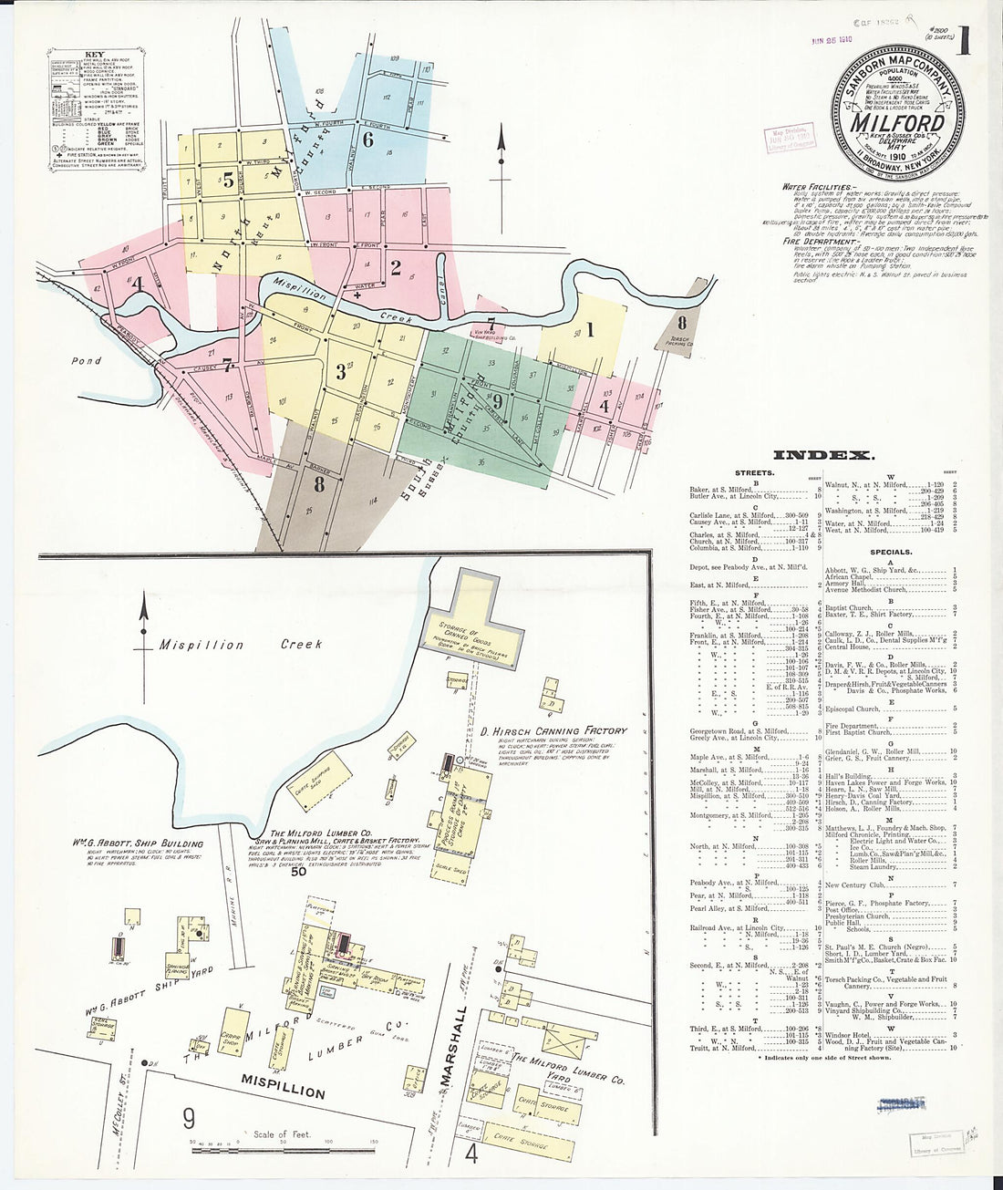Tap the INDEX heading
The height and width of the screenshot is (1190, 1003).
823,455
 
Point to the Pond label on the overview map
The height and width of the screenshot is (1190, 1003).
88,361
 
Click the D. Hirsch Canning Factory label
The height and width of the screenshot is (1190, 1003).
554,730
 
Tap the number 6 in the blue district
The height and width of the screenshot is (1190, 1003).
368,140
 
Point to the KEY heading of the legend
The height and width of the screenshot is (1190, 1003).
94,54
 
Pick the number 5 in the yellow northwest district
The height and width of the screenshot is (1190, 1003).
228,179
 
